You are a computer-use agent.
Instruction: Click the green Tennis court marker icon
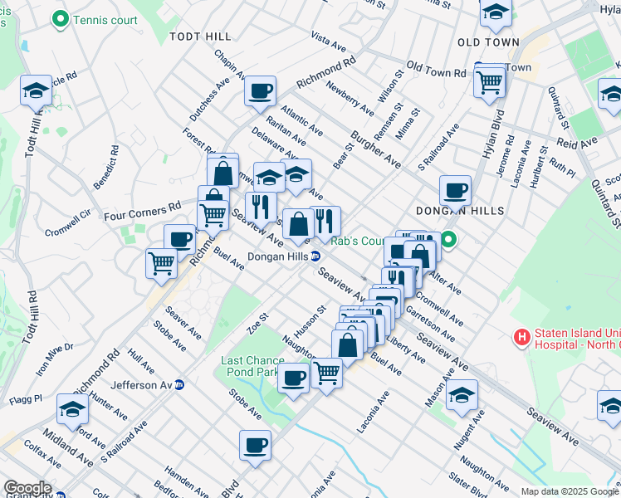60,18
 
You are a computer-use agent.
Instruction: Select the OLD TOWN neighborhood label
488,41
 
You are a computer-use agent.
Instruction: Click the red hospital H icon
521,338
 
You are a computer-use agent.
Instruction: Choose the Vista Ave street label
328,38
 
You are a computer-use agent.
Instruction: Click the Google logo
27,488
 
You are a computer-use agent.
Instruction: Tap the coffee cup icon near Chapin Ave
261,90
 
